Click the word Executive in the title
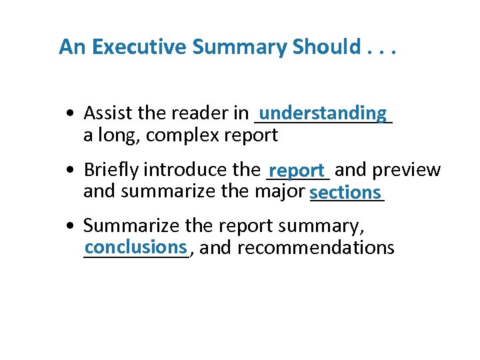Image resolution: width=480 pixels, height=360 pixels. pos(139,47)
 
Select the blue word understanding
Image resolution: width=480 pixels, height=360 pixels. pos(323,113)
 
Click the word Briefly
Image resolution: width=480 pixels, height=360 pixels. pos(111,170)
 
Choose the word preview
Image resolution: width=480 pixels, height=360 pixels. pos(407,170)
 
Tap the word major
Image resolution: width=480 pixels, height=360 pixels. pos(280,192)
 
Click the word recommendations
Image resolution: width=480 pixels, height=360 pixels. pos(316,248)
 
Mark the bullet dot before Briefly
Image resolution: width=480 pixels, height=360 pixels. pos(71,171)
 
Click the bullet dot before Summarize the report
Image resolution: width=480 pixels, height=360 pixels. pos(71,227)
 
